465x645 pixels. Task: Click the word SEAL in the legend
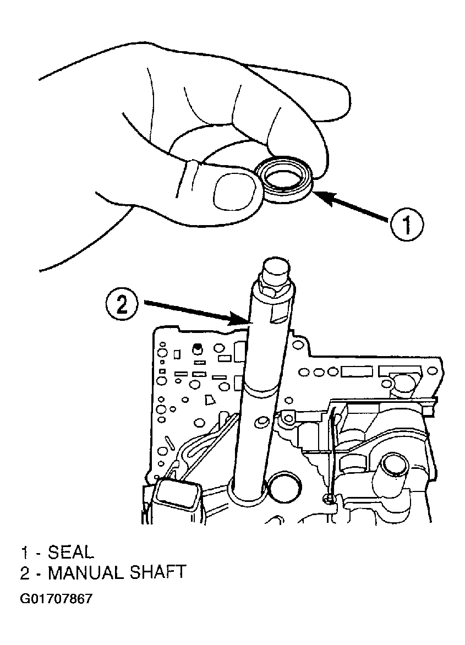pos(71,552)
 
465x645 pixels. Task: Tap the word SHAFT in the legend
pos(160,573)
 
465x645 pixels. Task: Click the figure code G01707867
pos(56,599)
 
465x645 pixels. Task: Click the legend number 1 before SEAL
pos(25,553)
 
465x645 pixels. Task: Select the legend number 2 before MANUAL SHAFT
pos(25,573)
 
